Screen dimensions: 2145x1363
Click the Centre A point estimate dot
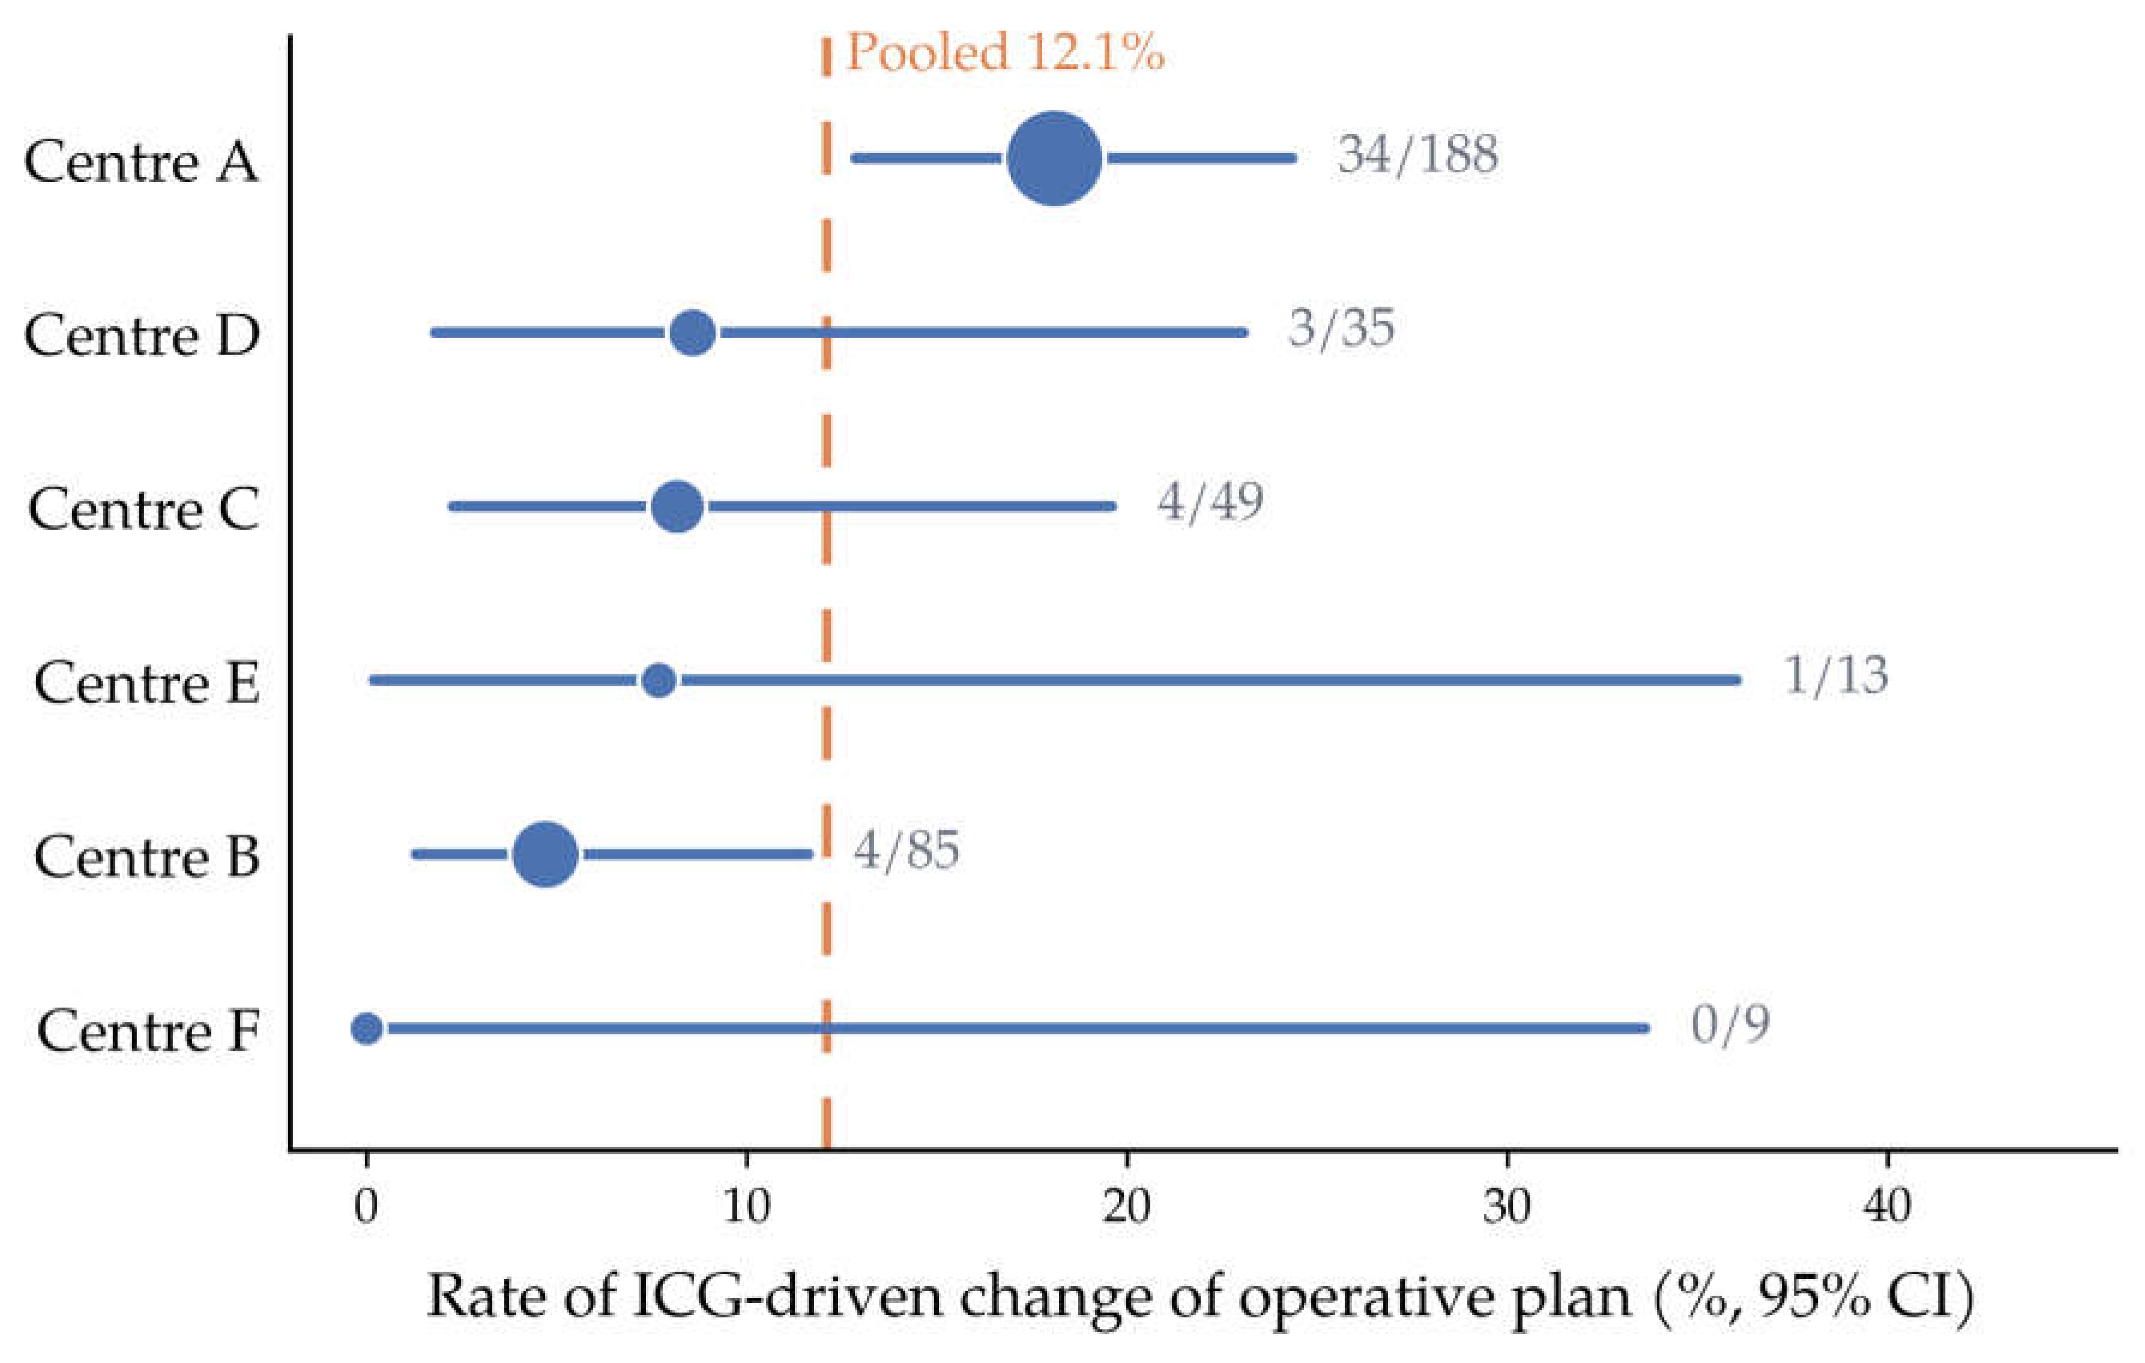coord(1055,159)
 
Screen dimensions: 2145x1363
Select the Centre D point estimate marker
coord(693,332)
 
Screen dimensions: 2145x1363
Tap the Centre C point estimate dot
coord(678,506)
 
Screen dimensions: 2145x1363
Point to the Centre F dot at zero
coord(367,1028)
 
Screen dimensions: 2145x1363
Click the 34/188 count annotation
coord(1417,155)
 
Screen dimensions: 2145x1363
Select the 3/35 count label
coord(1342,328)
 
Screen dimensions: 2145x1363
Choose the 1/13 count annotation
coord(1836,675)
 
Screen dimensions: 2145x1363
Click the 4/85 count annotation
coord(907,849)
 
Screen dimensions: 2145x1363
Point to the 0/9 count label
coord(1730,1024)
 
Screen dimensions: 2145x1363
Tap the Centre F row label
coord(148,1032)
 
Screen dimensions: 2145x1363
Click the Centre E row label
coord(147,683)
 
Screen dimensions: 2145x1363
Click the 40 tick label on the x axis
coord(1887,1206)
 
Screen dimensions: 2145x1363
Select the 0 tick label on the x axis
coord(366,1206)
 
